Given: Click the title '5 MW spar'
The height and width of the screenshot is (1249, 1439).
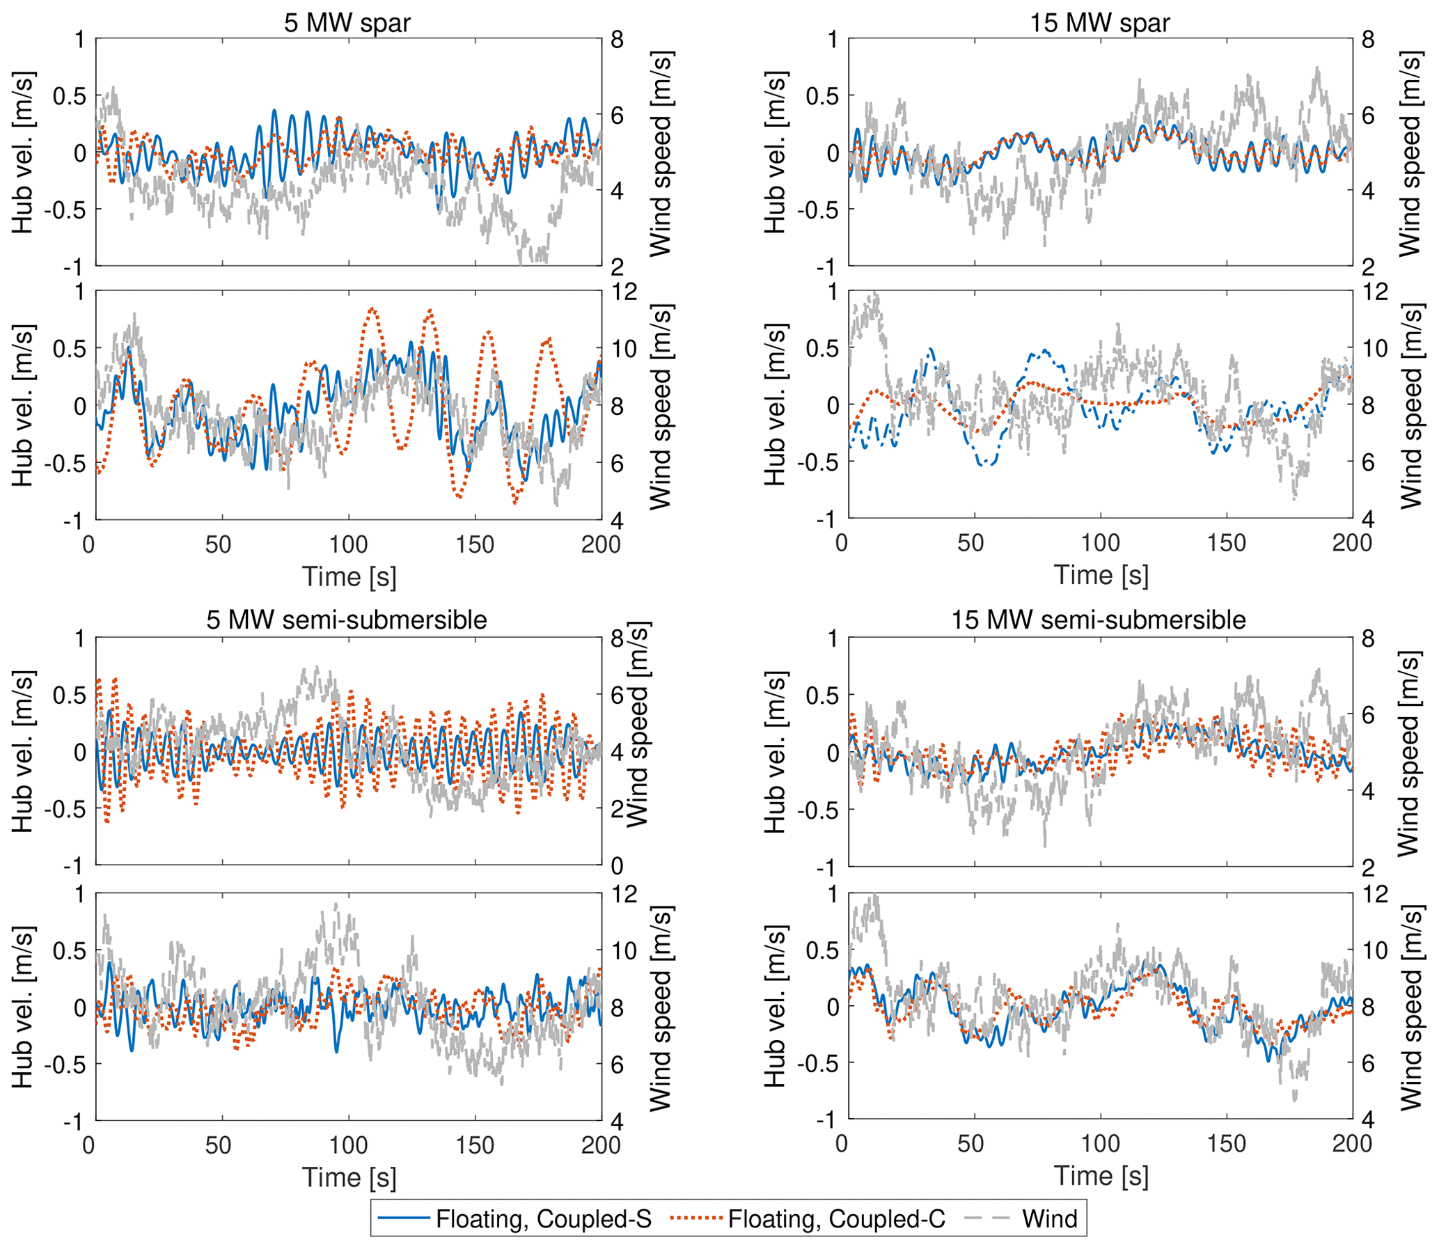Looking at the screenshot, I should tap(347, 23).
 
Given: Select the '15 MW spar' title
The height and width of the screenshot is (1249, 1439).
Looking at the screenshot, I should tap(1100, 23).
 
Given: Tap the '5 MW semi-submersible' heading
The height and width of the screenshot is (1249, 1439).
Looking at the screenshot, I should tap(346, 619).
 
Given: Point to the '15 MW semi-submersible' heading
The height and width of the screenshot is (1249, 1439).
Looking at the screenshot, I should tap(1099, 619).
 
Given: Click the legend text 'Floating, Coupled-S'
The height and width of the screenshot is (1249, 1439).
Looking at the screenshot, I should tap(544, 1218).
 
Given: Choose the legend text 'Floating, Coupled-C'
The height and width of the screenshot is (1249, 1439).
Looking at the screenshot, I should tap(836, 1218).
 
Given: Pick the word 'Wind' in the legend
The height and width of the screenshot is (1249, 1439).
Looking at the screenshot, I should tap(1049, 1218).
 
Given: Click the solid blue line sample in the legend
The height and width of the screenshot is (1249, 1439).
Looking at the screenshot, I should tap(403, 1218).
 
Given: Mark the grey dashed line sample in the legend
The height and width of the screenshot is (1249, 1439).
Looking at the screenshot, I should tap(987, 1218).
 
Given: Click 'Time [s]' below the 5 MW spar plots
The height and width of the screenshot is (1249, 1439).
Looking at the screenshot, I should tap(348, 577).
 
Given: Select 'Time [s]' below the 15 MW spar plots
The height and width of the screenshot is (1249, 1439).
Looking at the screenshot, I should tap(1101, 576).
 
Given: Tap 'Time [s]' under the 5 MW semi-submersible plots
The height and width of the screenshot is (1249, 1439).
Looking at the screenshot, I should tap(348, 1177).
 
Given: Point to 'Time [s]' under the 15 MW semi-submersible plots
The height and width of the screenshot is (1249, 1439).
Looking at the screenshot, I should tap(1101, 1175).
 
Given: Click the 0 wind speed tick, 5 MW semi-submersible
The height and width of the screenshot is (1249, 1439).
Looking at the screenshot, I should tap(618, 866).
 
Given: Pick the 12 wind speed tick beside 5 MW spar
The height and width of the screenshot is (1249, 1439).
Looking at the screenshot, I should tap(623, 291).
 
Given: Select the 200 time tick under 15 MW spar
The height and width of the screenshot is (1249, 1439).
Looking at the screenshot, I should tap(1352, 543).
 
